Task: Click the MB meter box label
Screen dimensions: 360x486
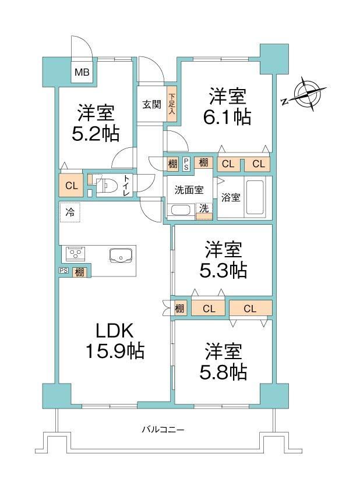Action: coord(82,72)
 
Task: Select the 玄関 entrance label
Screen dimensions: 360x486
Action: coord(152,104)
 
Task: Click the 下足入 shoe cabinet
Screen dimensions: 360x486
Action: coord(172,104)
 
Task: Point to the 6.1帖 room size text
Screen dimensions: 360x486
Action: coord(227,117)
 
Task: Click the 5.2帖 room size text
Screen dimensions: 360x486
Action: coord(96,134)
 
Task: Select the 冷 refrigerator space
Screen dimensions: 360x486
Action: coord(70,212)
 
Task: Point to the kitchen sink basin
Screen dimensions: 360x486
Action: coord(121,256)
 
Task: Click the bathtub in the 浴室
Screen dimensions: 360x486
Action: coord(255,197)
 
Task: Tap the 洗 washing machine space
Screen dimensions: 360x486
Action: coord(204,211)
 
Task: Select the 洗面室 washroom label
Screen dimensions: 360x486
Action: coord(189,190)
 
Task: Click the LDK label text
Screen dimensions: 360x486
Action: coord(115,331)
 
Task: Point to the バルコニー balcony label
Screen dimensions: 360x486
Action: coord(163,430)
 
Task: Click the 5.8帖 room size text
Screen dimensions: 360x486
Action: coord(223,373)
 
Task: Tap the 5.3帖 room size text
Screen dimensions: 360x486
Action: coord(223,270)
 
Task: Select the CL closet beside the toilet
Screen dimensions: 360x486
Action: coord(71,185)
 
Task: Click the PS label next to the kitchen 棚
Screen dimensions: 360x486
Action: coord(63,271)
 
